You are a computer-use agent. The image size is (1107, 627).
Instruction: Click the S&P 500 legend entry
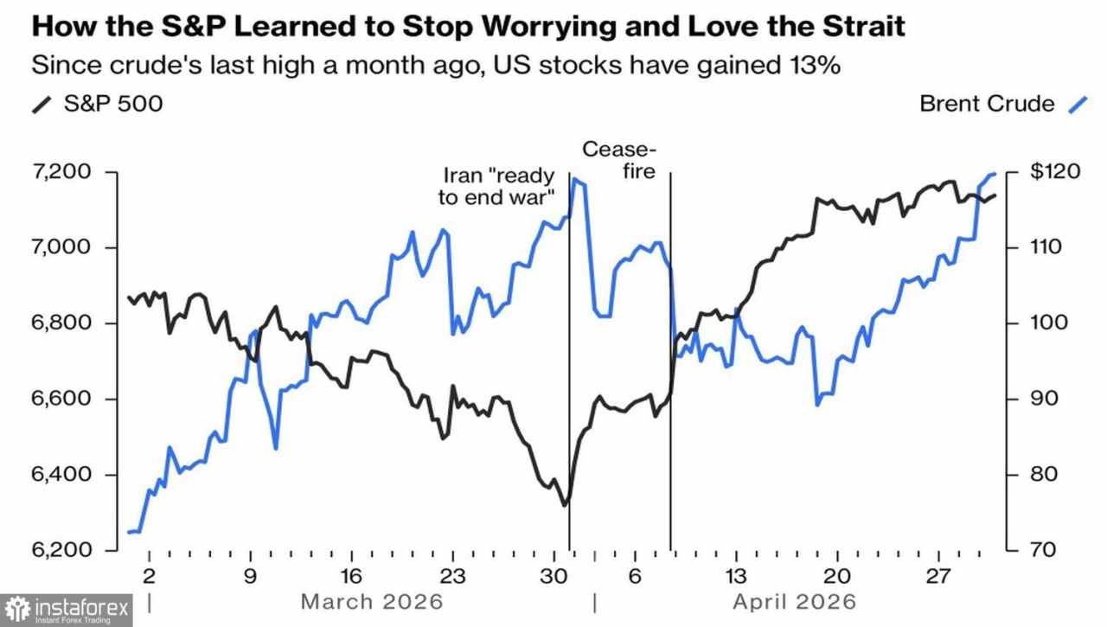coord(98,104)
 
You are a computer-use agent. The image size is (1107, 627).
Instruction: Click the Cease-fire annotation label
coord(617,160)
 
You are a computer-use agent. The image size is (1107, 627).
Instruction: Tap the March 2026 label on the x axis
coord(371,601)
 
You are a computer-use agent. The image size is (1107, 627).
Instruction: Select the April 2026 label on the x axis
coord(794,601)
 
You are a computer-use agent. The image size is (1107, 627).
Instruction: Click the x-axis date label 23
coord(452,577)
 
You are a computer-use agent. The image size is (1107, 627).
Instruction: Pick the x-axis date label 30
coord(553,577)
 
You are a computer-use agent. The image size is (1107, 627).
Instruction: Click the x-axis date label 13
coord(736,577)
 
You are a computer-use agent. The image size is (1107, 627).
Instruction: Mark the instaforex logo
coord(67,610)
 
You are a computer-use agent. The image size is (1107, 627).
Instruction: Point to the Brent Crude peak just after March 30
coord(576,180)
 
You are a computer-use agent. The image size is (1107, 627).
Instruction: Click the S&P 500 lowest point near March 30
coord(565,505)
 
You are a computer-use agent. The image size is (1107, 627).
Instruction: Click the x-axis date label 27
coord(938,577)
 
